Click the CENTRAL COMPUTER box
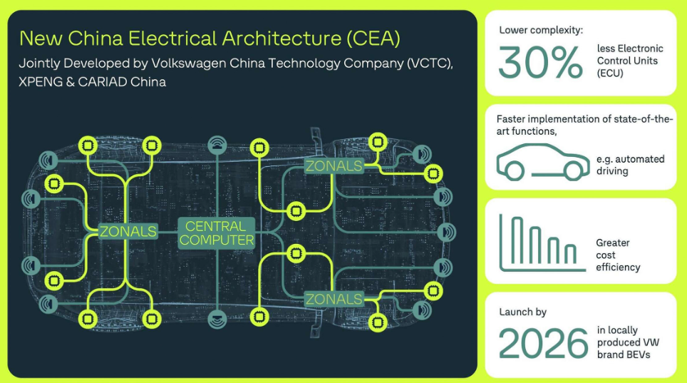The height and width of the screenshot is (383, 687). (x=217, y=233)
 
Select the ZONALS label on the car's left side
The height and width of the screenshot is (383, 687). (x=128, y=232)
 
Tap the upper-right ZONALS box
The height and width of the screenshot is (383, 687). (x=334, y=166)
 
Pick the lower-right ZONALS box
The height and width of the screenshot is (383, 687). (x=334, y=299)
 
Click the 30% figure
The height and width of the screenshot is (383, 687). (x=540, y=62)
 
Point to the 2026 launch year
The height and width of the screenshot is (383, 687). (x=543, y=344)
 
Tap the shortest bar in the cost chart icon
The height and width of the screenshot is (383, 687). (x=570, y=254)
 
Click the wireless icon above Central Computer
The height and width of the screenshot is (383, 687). (x=217, y=145)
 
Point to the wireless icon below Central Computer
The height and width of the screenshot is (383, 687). (x=217, y=320)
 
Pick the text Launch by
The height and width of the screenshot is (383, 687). (x=522, y=312)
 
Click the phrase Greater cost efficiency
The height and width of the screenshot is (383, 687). (x=618, y=255)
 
